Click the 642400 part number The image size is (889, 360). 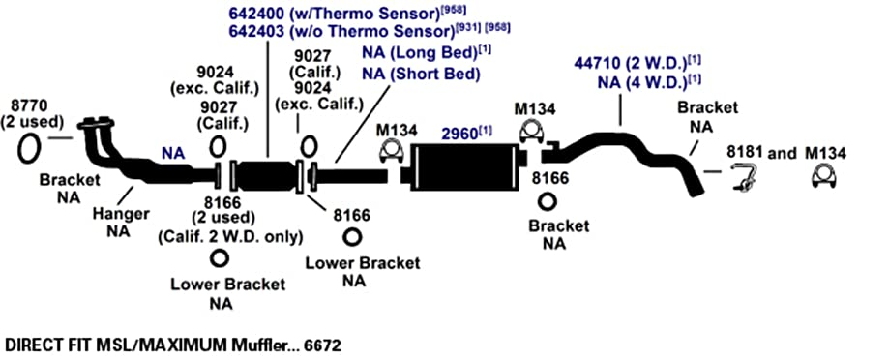pos(257,13)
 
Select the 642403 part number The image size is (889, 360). pos(257,31)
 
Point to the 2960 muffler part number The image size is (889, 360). pos(459,135)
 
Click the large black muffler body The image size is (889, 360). pos(465,164)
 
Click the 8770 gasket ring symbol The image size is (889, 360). pos(28,148)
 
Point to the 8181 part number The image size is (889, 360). pos(746,153)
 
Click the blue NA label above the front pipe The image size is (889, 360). pos(173,153)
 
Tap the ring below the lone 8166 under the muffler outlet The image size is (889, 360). pos(548,201)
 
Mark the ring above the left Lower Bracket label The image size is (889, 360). pos(217,258)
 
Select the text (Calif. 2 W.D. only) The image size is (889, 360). pos(229,237)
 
